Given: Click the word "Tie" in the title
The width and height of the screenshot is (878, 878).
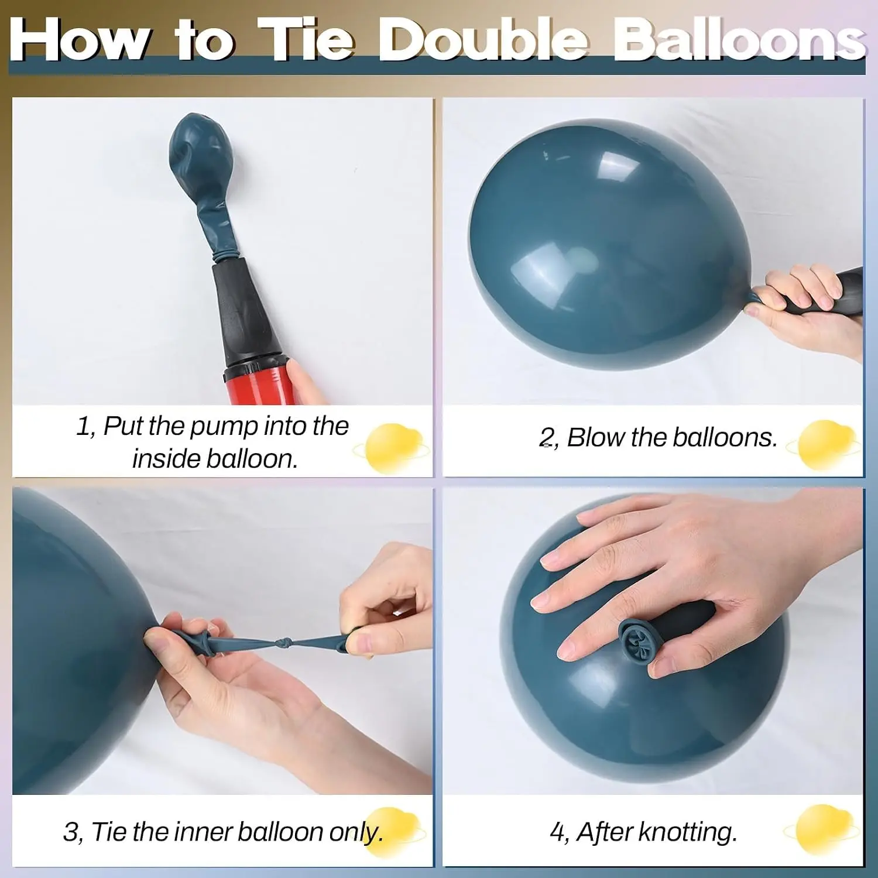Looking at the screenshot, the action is click(306, 39).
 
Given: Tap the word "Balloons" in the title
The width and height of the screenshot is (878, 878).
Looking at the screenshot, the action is click(739, 39).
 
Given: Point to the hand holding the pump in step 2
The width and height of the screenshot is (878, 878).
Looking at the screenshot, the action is click(805, 310).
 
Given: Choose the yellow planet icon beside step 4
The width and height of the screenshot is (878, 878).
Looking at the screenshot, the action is click(822, 829).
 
